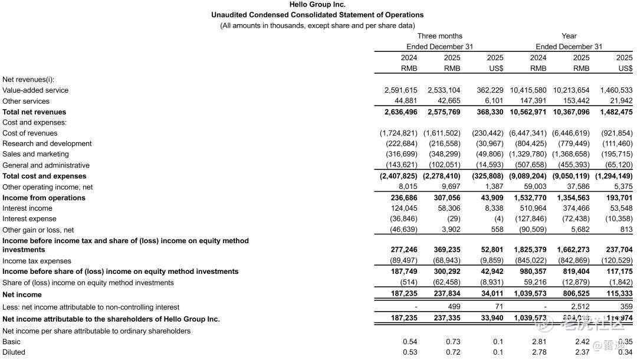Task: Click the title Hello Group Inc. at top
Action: [x=317, y=5]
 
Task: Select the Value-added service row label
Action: [x=35, y=90]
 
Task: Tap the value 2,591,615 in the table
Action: [x=400, y=90]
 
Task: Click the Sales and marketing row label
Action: [x=35, y=155]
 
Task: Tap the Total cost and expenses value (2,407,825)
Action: [x=399, y=176]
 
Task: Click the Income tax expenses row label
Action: [x=37, y=261]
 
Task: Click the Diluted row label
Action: [x=14, y=352]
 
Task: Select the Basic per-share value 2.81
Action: [x=539, y=342]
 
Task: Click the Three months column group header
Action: [x=439, y=36]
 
